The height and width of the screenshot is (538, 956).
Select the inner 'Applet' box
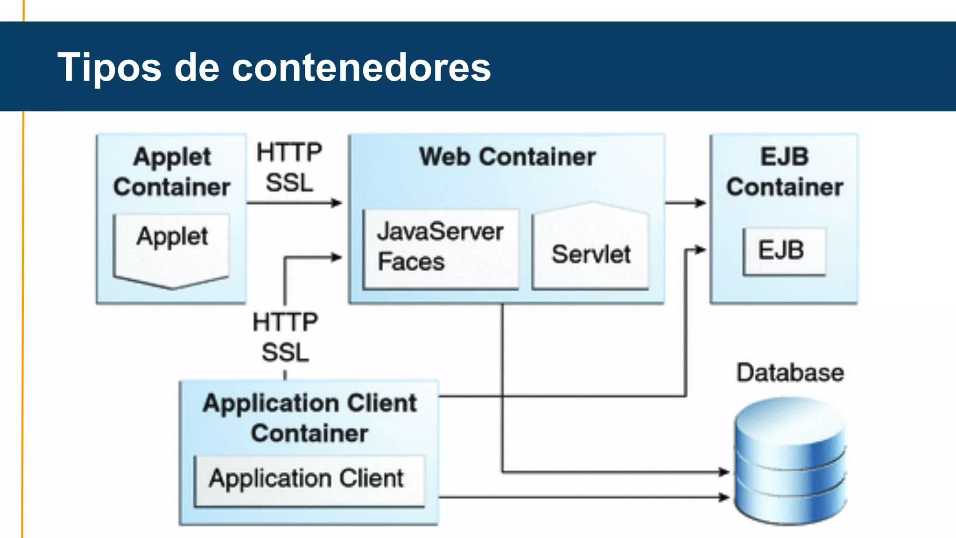point(172,248)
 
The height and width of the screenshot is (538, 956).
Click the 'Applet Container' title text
point(172,172)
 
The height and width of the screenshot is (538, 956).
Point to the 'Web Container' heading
point(507,157)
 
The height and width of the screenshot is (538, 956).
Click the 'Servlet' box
point(590,252)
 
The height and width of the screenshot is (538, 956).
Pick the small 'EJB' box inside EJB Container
point(784,251)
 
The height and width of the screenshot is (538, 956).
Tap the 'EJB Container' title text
point(784,172)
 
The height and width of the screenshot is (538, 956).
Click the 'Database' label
point(790,373)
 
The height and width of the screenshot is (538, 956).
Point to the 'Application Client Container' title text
point(309,418)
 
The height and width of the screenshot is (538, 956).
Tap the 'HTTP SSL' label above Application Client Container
point(285,337)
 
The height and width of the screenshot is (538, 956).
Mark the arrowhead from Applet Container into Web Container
point(337,203)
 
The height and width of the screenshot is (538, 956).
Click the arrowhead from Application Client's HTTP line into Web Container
point(337,257)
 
